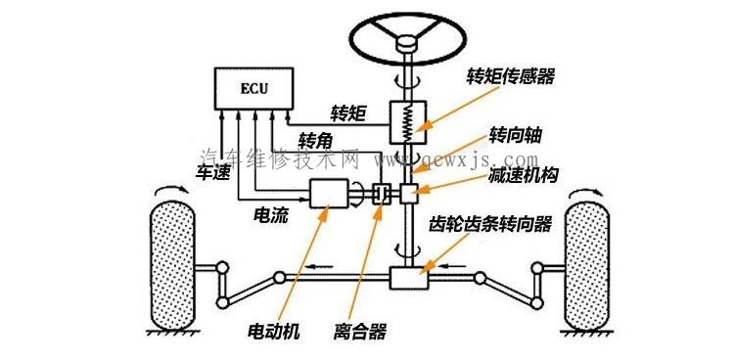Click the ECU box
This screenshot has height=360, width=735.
click(253, 90)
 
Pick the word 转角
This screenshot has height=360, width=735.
click(321, 139)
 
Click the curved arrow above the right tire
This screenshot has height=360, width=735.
click(587, 187)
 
